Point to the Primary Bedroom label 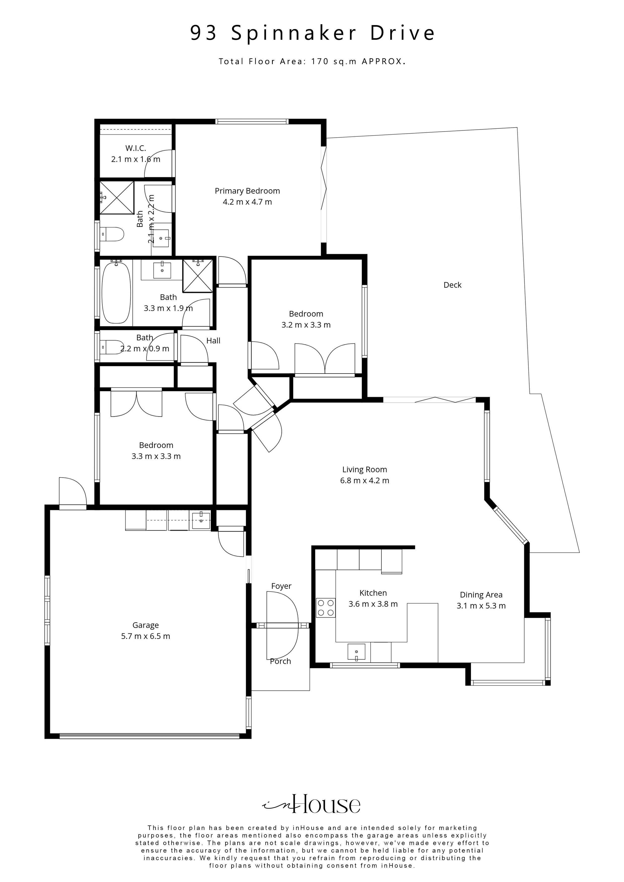tap(247, 191)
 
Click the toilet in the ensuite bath tap(112, 234)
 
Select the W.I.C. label tap(135, 148)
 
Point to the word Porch tap(280, 661)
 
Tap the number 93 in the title tap(204, 33)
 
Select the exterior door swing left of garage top tap(72, 493)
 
